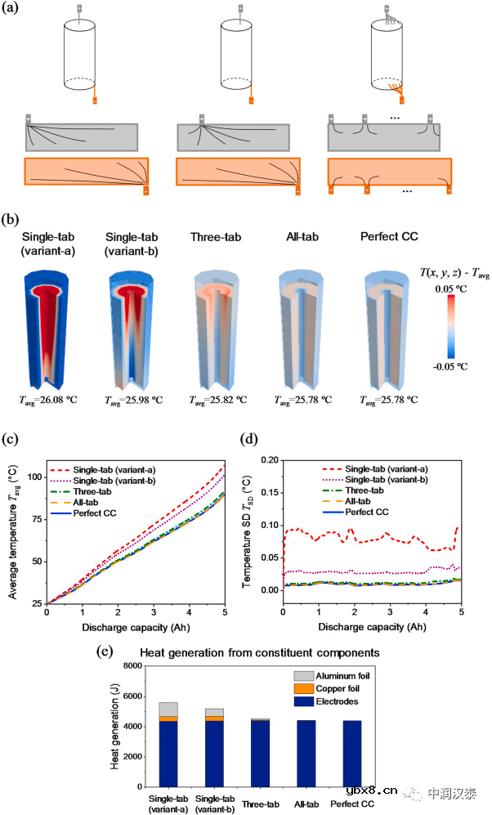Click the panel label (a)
tap(15, 13)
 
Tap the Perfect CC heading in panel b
tap(388, 238)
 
